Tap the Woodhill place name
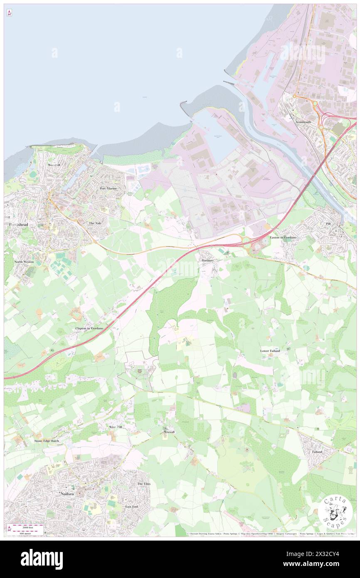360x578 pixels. (54, 165)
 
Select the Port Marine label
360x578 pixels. (108, 188)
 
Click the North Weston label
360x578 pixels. (24, 262)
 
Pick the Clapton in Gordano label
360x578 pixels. (89, 329)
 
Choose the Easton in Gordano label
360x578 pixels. (283, 237)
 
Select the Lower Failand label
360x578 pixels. (270, 351)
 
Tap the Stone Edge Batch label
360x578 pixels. (47, 441)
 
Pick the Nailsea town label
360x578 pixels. (67, 493)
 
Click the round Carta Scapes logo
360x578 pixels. (335, 511)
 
